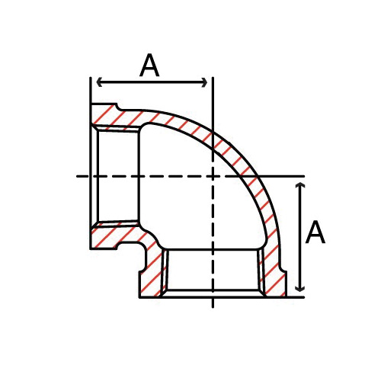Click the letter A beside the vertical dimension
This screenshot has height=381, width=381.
[315, 232]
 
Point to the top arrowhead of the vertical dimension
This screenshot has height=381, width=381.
[302, 186]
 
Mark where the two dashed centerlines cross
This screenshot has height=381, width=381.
[213, 176]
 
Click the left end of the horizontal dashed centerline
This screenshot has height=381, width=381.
[78, 176]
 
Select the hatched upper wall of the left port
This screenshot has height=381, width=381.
[114, 118]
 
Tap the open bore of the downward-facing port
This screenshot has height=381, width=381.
[213, 271]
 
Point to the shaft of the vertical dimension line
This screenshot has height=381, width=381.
[302, 237]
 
